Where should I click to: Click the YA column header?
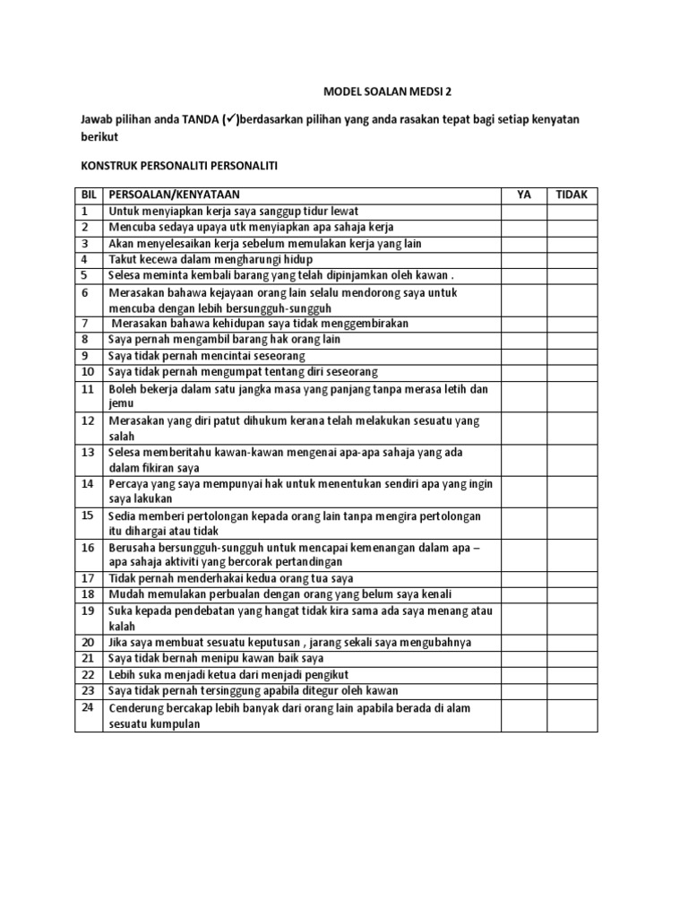tap(524, 195)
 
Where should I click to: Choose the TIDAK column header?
tap(572, 195)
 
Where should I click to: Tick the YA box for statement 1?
tap(524, 212)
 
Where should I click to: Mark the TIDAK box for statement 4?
tap(572, 260)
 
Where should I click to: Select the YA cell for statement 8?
tap(524, 340)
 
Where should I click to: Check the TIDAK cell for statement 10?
tap(572, 371)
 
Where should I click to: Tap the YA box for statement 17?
tap(524, 578)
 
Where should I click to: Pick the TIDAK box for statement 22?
tap(572, 674)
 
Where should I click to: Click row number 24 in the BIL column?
tap(88, 707)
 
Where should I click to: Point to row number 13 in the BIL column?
tap(88, 453)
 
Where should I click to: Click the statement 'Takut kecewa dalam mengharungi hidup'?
tap(211, 260)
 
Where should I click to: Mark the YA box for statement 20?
tap(524, 643)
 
